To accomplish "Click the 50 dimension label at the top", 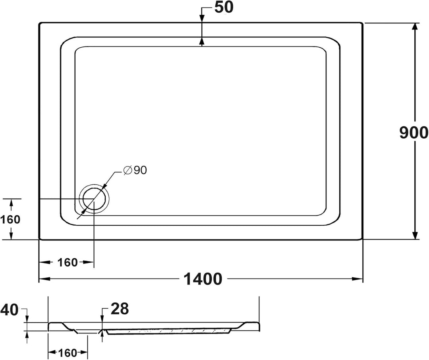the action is pyautogui.click(x=224, y=8).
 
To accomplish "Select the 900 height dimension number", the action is pyautogui.click(x=414, y=132).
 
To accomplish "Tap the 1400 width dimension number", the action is pyautogui.click(x=203, y=279).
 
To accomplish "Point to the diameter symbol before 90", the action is pyautogui.click(x=128, y=170).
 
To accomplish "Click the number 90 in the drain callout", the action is pyautogui.click(x=140, y=170).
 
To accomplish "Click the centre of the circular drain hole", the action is pyautogui.click(x=94, y=199).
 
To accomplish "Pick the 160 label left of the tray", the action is pyautogui.click(x=10, y=219).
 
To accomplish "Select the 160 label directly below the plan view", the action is pyautogui.click(x=68, y=263).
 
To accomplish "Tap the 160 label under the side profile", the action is pyautogui.click(x=68, y=352).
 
